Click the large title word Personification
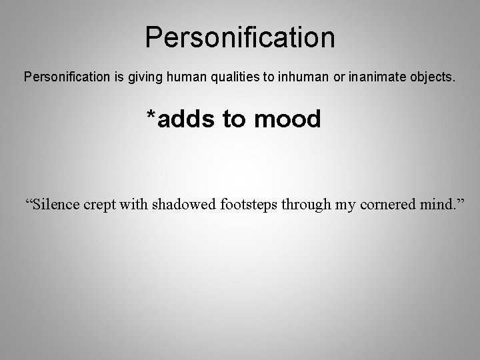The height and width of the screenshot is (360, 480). [240, 38]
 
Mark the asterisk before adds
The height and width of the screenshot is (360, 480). [152, 117]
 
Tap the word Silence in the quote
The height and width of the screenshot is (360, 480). [57, 204]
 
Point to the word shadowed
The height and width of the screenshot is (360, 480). [183, 204]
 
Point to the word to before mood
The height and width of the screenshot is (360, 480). [233, 121]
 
